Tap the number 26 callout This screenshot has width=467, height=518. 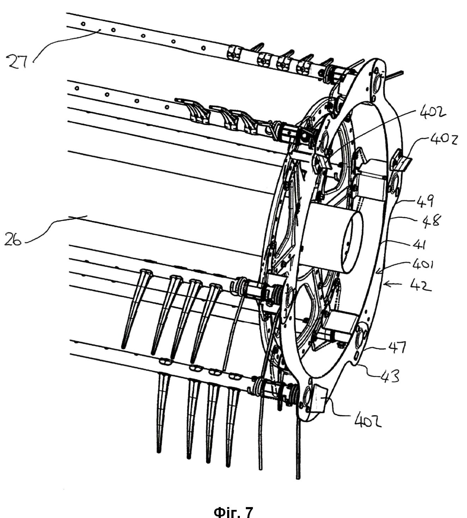pos(13,241)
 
